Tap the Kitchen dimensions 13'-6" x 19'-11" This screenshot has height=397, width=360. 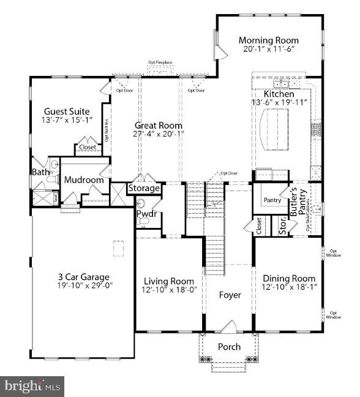(279, 104)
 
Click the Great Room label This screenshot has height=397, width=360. (159, 125)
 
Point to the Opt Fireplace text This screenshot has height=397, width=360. (160, 62)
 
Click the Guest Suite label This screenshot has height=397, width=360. (67, 112)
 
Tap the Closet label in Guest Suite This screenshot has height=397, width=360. (87, 148)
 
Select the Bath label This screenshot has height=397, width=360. (41, 172)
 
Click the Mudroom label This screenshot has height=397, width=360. (84, 180)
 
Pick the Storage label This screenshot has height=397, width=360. (144, 188)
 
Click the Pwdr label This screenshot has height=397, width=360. (146, 214)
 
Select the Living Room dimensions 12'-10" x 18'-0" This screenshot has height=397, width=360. (168, 290)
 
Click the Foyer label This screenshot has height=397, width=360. (230, 295)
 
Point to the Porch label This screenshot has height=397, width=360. (230, 347)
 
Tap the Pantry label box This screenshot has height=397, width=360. (272, 200)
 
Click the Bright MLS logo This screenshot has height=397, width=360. (32, 386)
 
